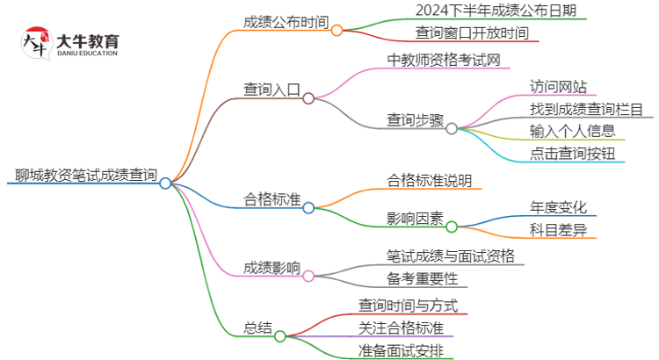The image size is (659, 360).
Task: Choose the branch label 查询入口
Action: click(x=272, y=89)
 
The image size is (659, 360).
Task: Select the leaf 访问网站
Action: click(x=558, y=87)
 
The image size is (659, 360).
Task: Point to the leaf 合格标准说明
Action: click(x=430, y=181)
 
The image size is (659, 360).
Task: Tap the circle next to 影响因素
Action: click(x=452, y=227)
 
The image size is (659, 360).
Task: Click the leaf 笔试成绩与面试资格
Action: click(x=451, y=256)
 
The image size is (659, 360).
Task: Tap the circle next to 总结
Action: click(x=279, y=335)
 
